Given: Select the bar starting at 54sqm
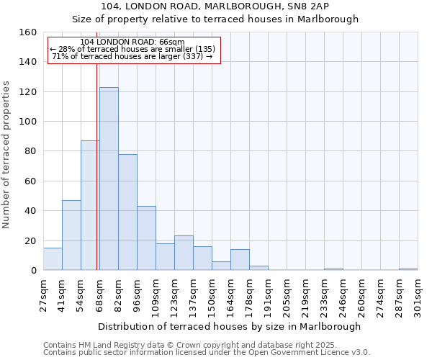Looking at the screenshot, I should coord(90,205).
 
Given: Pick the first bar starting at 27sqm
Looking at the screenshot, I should coord(53,259).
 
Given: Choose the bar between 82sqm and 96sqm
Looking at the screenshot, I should coord(127,212).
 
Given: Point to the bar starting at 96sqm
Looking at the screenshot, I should coord(146,238).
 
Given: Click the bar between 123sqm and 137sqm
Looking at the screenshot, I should coord(184,253).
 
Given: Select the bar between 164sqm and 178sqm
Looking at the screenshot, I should coord(240,260).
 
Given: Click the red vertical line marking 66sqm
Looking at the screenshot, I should coord(96,166).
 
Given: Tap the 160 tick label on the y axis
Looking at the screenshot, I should coord(28,32).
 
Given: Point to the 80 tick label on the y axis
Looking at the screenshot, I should coord(31,151).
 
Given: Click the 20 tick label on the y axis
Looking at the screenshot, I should coord(31,241).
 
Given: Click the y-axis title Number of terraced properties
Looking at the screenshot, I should coord(7,154).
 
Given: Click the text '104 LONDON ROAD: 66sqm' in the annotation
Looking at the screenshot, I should coord(132,42).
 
